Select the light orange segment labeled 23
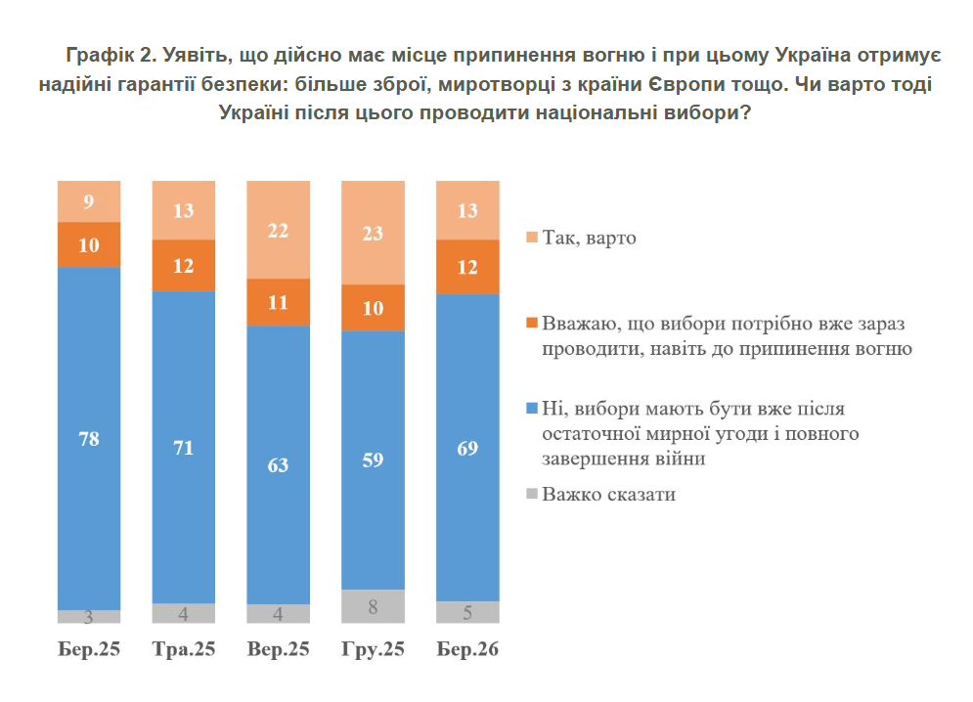(x=373, y=233)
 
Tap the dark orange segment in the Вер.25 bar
(x=278, y=302)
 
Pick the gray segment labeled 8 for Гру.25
(x=373, y=606)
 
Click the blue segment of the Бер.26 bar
(x=467, y=447)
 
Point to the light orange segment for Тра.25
(x=184, y=210)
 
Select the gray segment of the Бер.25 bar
(x=89, y=617)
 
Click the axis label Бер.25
(x=89, y=649)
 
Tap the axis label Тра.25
(x=184, y=649)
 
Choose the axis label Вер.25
(x=278, y=649)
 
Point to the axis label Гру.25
(x=373, y=649)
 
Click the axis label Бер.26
(x=467, y=649)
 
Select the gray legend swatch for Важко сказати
(x=531, y=495)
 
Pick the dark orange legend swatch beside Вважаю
(x=531, y=323)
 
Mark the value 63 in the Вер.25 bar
(x=278, y=465)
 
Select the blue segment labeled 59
(x=373, y=460)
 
